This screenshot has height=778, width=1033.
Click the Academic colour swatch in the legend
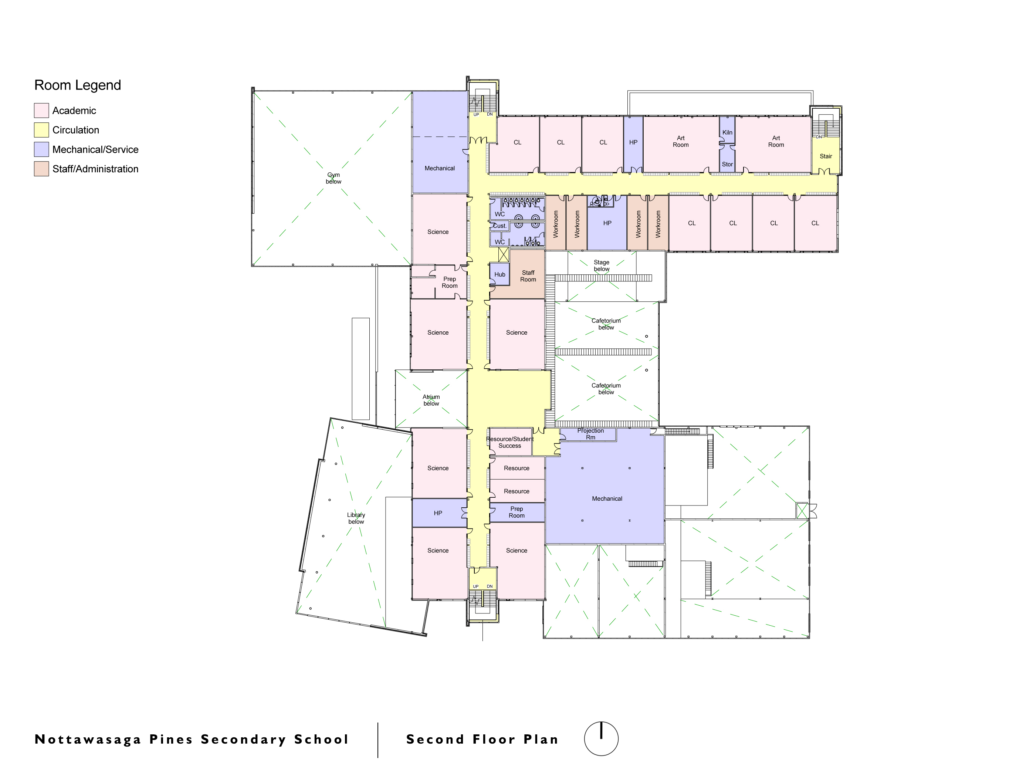pos(41,111)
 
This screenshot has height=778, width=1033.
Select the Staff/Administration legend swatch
pos(41,169)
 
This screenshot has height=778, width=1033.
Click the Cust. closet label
pos(499,226)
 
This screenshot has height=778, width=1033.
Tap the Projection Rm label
pos(590,434)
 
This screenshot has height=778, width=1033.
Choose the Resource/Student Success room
pos(509,442)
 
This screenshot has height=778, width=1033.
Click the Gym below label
pos(333,178)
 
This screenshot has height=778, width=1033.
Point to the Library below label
pos(356,518)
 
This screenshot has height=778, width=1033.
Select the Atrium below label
pos(431,400)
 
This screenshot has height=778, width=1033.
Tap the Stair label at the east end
pos(826,156)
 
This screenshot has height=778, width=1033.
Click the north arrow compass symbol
pos(601,738)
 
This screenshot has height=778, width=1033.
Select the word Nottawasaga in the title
pos(88,739)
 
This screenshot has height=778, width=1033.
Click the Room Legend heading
pos(78,85)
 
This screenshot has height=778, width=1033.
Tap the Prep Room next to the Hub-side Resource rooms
pos(516,512)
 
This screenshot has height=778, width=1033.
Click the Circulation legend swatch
pos(41,130)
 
